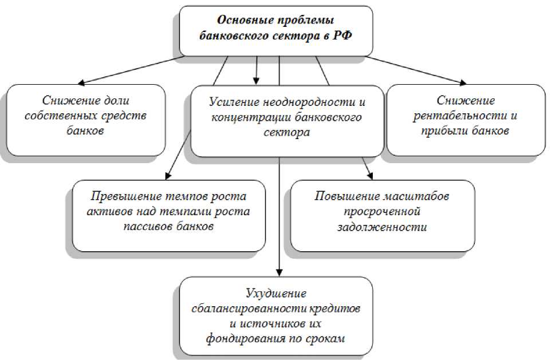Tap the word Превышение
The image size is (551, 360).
pos(124,197)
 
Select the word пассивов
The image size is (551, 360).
pos(146,226)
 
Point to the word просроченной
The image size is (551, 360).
pos(382,212)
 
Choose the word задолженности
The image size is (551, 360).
pos(382,227)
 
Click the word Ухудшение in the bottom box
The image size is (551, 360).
pos(276,294)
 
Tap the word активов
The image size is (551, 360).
pos(103,212)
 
